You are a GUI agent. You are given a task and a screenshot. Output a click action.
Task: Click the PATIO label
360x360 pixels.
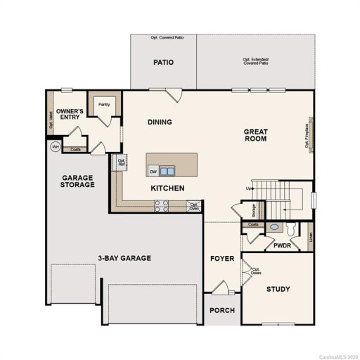pyautogui.click(x=164, y=63)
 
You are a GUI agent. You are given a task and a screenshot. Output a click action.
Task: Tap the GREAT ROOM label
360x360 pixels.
pyautogui.click(x=256, y=135)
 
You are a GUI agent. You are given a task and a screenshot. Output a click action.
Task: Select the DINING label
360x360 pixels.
pyautogui.click(x=160, y=122)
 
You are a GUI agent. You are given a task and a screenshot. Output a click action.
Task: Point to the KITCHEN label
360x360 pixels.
pyautogui.click(x=167, y=188)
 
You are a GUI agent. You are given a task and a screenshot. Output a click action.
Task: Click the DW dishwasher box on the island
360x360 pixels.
pyautogui.click(x=153, y=171)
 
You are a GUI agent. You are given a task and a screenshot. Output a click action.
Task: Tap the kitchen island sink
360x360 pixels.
pyautogui.click(x=167, y=170)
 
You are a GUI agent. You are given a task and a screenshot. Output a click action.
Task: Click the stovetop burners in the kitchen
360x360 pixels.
pyautogui.click(x=161, y=205)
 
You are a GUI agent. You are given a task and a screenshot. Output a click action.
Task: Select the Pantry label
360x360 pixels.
pyautogui.click(x=104, y=105)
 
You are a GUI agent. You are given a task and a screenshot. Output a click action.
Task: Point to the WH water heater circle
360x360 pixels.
pyautogui.click(x=55, y=147)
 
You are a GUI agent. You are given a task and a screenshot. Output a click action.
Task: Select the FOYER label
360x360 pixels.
pyautogui.click(x=221, y=259)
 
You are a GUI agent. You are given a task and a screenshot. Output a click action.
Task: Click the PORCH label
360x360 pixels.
pyautogui.click(x=222, y=310)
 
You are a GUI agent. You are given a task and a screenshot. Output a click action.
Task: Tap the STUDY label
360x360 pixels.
pyautogui.click(x=278, y=289)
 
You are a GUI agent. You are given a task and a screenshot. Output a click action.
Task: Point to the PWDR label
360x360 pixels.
pyautogui.click(x=283, y=245)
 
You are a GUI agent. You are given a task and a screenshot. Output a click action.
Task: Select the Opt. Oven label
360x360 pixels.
pyautogui.click(x=193, y=205)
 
